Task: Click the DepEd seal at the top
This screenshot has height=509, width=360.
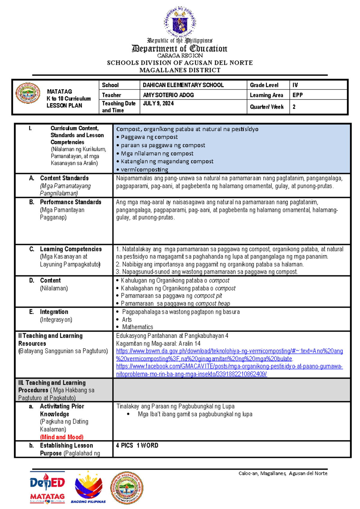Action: point(180,22)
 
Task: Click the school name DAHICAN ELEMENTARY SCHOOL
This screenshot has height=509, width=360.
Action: point(183,85)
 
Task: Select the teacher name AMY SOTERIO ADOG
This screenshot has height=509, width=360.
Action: point(168,95)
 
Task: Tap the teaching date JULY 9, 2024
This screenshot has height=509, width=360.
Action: point(158,104)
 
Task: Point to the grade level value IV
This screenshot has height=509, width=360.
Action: point(295,85)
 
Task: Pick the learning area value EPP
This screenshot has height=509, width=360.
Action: point(298,95)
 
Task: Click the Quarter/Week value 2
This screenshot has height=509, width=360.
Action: point(294,107)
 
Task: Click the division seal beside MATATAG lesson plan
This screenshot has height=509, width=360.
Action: point(28,93)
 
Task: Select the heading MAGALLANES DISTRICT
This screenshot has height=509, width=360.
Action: point(180,70)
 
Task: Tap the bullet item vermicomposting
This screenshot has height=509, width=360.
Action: point(144,170)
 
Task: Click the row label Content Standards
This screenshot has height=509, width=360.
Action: point(64,178)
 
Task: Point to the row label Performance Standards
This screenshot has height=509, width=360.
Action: point(70,202)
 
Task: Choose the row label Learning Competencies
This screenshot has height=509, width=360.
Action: point(71,249)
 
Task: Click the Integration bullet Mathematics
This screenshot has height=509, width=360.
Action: point(137,327)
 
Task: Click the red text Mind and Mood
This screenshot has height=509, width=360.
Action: point(62,437)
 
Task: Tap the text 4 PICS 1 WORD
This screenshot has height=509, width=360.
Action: point(137,445)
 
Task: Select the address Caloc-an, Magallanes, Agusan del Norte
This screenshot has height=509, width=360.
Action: point(283,473)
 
